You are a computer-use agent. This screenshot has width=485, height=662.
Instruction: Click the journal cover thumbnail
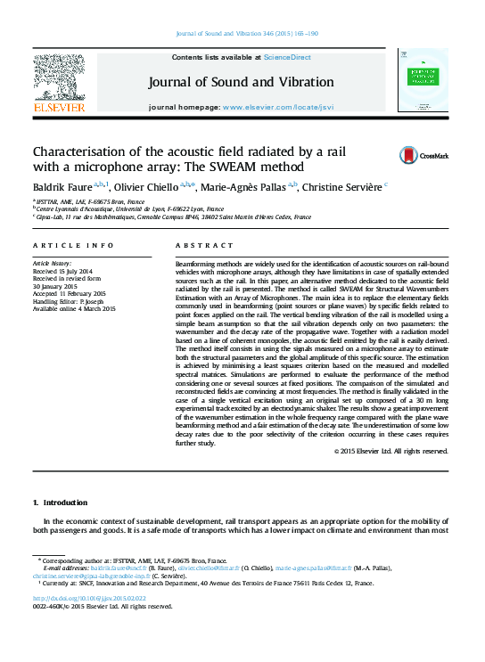pyautogui.click(x=424, y=81)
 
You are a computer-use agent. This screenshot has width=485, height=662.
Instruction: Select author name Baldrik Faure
pyautogui.click(x=62, y=188)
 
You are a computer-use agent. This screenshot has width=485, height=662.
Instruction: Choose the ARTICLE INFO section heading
pyautogui.click(x=73, y=245)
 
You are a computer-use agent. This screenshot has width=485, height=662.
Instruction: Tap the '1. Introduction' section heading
pyautogui.click(x=60, y=503)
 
